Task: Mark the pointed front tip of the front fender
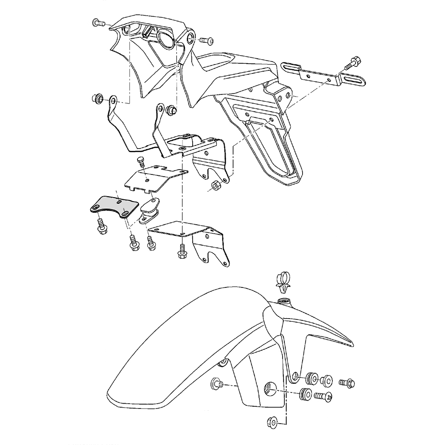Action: (x=352, y=343)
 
